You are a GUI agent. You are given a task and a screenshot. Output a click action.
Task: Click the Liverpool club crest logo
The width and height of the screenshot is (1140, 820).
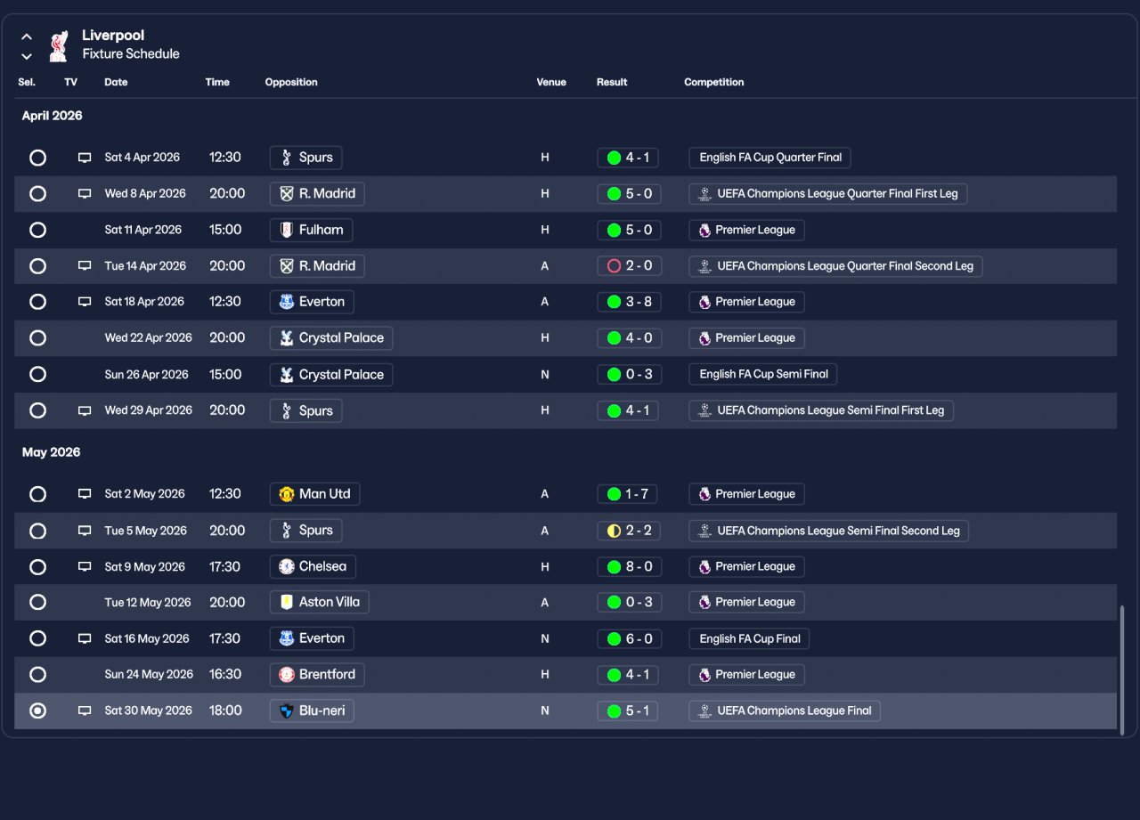point(59,45)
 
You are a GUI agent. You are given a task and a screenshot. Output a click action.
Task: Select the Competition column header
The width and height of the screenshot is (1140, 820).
point(713,82)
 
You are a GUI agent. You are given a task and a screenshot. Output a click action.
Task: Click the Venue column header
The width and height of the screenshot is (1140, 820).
point(551,82)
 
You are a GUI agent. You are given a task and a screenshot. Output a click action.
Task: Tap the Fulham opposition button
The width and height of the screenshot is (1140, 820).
point(311,230)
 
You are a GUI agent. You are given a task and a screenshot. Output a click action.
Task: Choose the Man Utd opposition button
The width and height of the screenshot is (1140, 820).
point(314,494)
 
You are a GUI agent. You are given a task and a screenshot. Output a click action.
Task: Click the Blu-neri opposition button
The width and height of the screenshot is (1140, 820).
point(312,710)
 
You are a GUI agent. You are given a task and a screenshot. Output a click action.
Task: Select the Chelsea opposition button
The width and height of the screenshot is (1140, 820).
point(313,566)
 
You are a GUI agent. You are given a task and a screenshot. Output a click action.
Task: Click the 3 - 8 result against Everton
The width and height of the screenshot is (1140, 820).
point(628,302)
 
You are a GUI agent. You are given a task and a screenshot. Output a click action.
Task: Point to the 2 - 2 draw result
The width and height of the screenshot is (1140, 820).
point(628,531)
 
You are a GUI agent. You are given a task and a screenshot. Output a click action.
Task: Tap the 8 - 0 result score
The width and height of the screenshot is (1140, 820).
point(628,566)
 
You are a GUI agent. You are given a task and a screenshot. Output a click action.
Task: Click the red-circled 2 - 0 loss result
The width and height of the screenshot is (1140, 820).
point(628,265)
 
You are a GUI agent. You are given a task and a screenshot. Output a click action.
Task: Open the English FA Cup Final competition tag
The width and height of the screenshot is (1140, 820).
point(749,638)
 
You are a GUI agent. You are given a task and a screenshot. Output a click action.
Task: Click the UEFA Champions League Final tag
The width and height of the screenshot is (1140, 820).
point(784,710)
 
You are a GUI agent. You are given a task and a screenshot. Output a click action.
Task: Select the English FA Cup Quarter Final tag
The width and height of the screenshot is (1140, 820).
point(769,158)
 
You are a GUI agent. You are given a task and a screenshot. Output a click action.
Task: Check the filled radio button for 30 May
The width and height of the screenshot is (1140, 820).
point(37,710)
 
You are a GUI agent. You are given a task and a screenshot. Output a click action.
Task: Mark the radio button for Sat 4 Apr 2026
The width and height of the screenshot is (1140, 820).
point(37,158)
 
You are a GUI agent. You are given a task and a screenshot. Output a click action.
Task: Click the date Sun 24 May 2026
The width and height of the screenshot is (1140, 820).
point(149,674)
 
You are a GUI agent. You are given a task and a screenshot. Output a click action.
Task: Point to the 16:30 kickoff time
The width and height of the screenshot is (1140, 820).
point(225,674)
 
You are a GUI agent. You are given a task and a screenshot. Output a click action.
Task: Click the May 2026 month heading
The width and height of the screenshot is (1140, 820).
point(51,452)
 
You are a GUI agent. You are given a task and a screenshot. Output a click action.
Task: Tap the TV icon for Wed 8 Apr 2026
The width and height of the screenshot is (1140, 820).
point(85,193)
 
